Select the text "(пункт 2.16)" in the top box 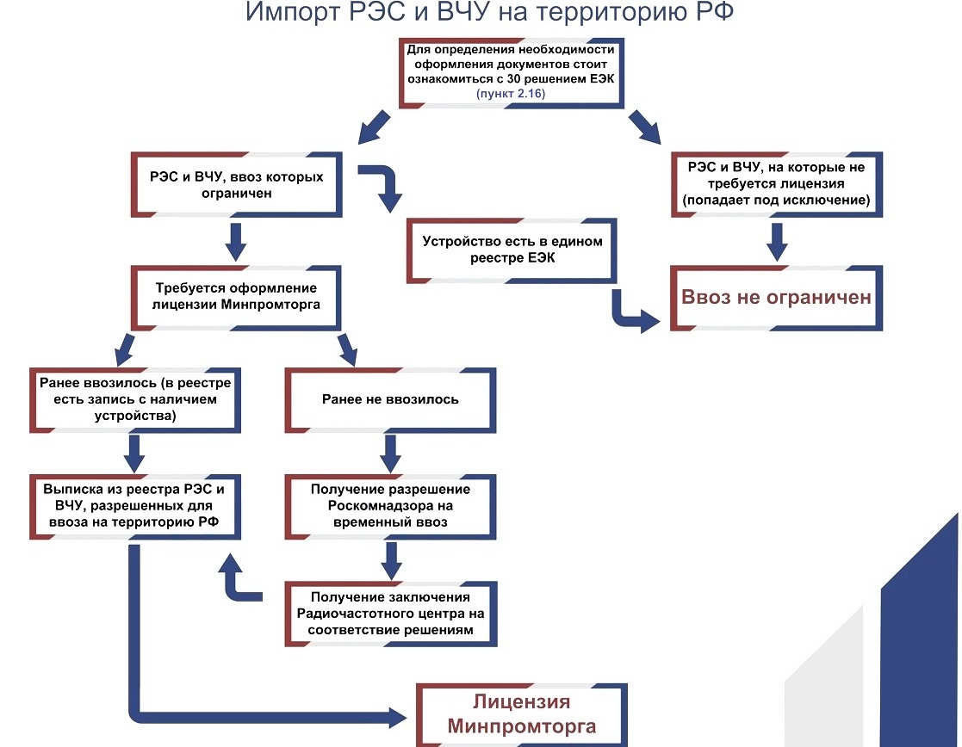[511, 93]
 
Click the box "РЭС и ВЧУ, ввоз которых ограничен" [236, 185]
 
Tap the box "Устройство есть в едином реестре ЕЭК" [512, 250]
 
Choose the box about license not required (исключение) [776, 184]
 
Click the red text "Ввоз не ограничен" [776, 298]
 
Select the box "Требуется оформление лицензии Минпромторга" [236, 298]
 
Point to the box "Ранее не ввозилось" [390, 400]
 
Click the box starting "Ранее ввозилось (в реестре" [135, 400]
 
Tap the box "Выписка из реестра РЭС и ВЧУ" [135, 507]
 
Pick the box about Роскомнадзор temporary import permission [390, 507]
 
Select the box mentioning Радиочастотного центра [390, 614]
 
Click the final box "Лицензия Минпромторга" [522, 714]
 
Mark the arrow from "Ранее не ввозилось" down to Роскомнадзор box [390, 454]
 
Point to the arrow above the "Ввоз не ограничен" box [777, 242]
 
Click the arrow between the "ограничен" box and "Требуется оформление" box [236, 242]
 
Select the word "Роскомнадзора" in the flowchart [390, 506]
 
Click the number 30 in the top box [513, 78]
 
